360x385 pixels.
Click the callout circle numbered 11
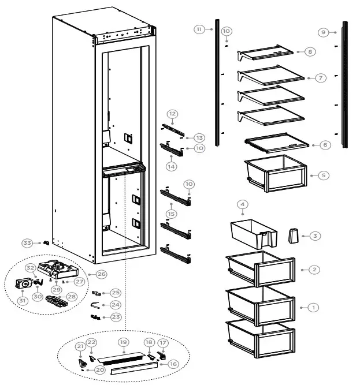click(199, 29)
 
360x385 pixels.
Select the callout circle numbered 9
click(324, 32)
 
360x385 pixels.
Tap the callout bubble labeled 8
click(310, 52)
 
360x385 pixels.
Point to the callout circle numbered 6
click(325, 145)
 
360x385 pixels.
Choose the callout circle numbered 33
click(27, 242)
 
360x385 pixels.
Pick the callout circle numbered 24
click(116, 305)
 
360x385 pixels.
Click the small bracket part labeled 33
click(46, 244)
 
